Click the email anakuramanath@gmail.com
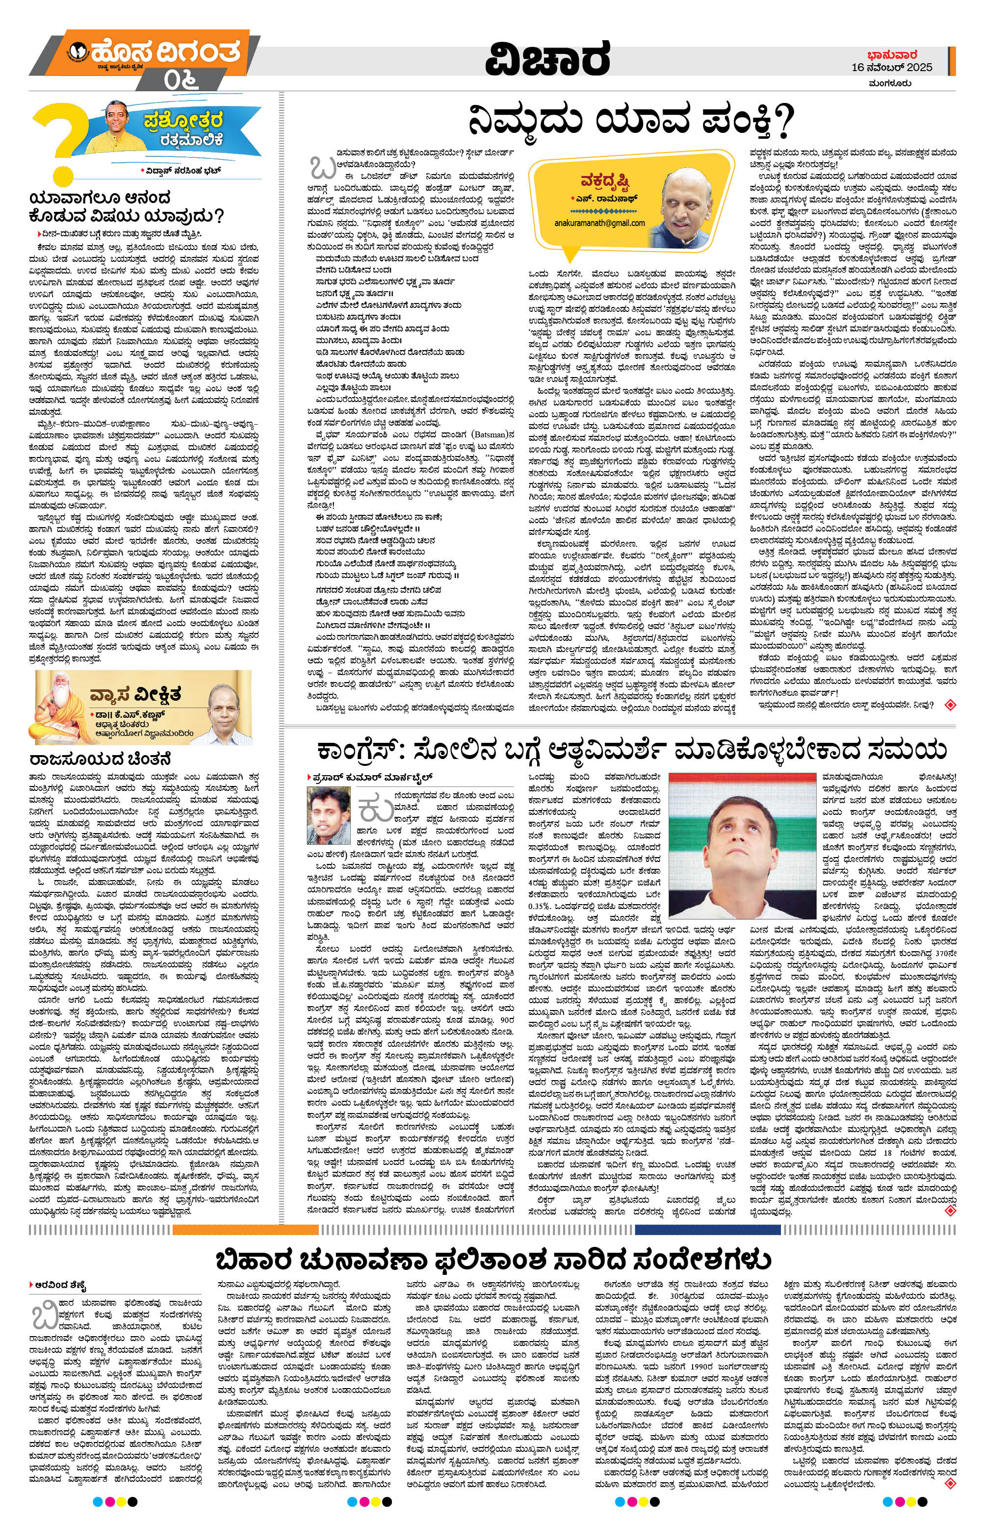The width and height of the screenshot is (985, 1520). tap(600, 224)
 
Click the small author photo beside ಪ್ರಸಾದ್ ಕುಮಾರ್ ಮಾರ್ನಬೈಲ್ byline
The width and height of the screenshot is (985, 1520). tap(328, 808)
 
